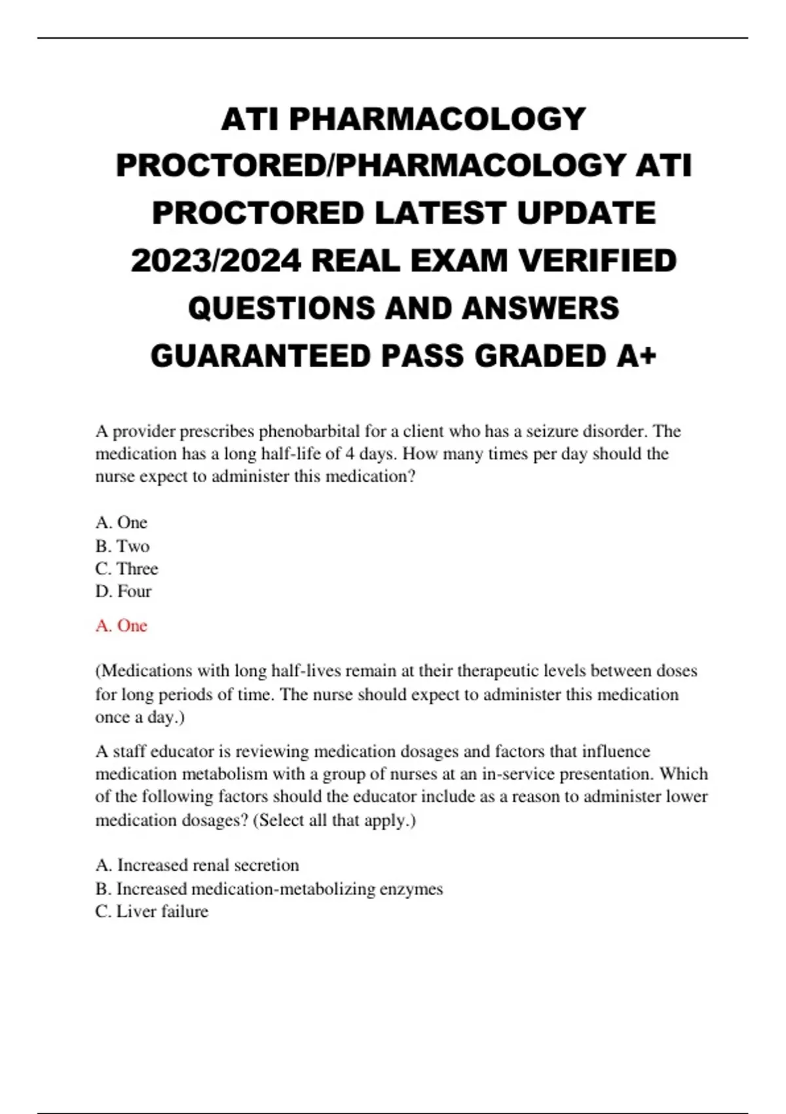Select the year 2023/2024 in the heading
[216, 261]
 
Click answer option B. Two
[122, 546]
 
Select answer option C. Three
[126, 569]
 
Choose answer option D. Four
[123, 591]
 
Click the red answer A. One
[121, 626]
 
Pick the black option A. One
[121, 522]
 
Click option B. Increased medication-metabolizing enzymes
[269, 889]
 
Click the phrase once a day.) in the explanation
[140, 717]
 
